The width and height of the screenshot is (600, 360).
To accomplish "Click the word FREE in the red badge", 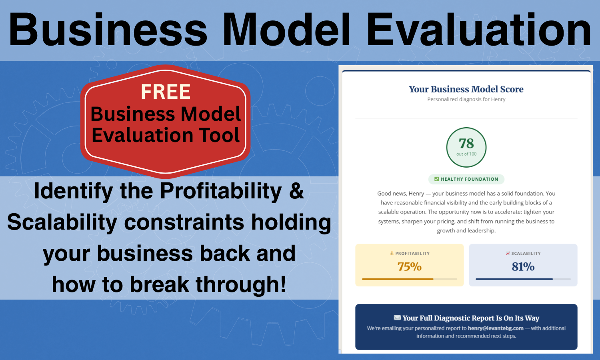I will [166, 92].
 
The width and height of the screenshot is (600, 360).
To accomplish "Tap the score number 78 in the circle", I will [466, 143].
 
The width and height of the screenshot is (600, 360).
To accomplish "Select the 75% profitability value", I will [409, 266].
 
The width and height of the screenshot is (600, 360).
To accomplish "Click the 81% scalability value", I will [523, 266].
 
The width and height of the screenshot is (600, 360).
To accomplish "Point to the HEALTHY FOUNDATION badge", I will [466, 179].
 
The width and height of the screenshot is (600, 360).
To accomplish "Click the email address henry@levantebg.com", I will [496, 328].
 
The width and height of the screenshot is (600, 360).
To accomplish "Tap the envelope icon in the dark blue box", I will [397, 318].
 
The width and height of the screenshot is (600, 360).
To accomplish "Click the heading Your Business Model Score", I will [466, 89].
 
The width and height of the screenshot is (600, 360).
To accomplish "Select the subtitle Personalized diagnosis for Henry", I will [466, 99].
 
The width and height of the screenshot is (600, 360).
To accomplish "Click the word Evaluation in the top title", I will [478, 30].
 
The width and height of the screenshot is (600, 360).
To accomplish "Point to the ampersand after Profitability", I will [296, 191].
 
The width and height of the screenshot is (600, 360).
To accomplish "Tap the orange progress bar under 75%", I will [398, 279].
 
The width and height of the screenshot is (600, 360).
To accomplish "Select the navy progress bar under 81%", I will [514, 279].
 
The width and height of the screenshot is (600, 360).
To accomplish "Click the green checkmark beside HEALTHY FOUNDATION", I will [437, 179].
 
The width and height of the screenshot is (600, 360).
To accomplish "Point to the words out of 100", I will [466, 154].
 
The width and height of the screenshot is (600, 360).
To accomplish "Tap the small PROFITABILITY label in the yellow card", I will [412, 254].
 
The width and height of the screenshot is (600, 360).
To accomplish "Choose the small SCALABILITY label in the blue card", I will [526, 254].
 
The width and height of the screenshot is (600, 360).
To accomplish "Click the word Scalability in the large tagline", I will [62, 222].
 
